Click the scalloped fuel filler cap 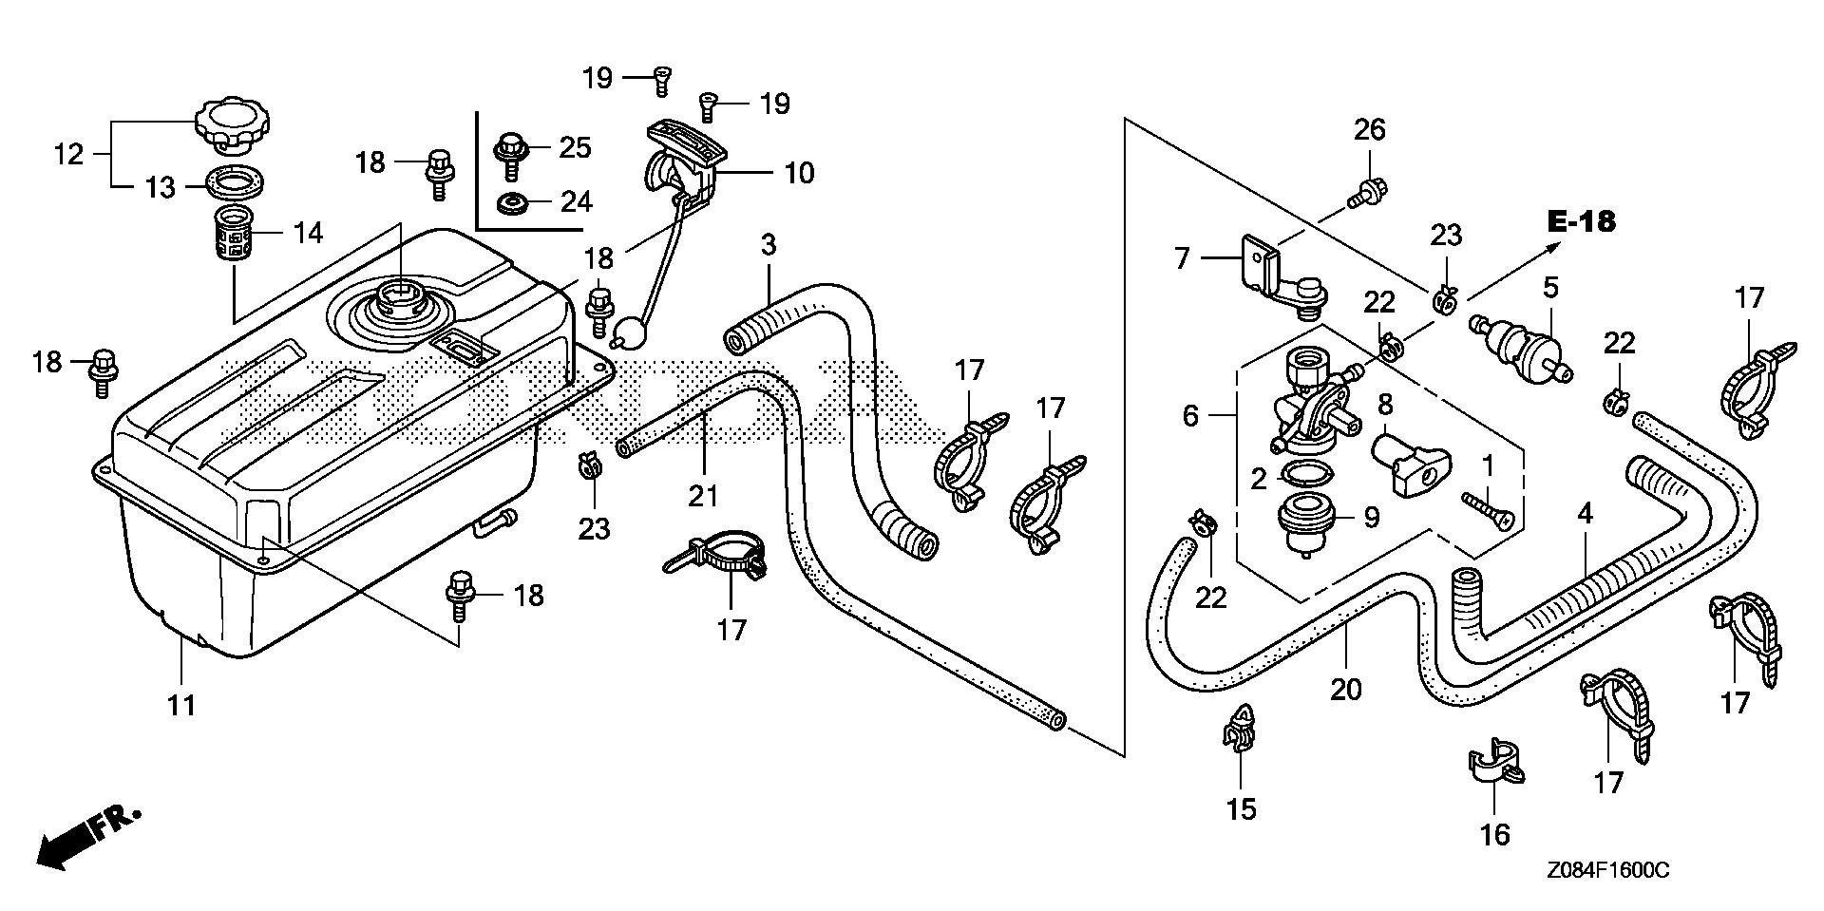234,126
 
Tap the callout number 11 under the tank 181,705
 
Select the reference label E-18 1581,222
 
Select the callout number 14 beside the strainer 309,233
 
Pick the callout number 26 1370,129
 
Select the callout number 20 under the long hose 1346,688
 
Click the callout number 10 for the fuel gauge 799,174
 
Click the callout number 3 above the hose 768,244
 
